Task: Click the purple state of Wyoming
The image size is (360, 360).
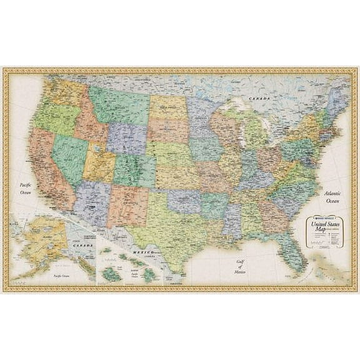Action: (127, 138)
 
